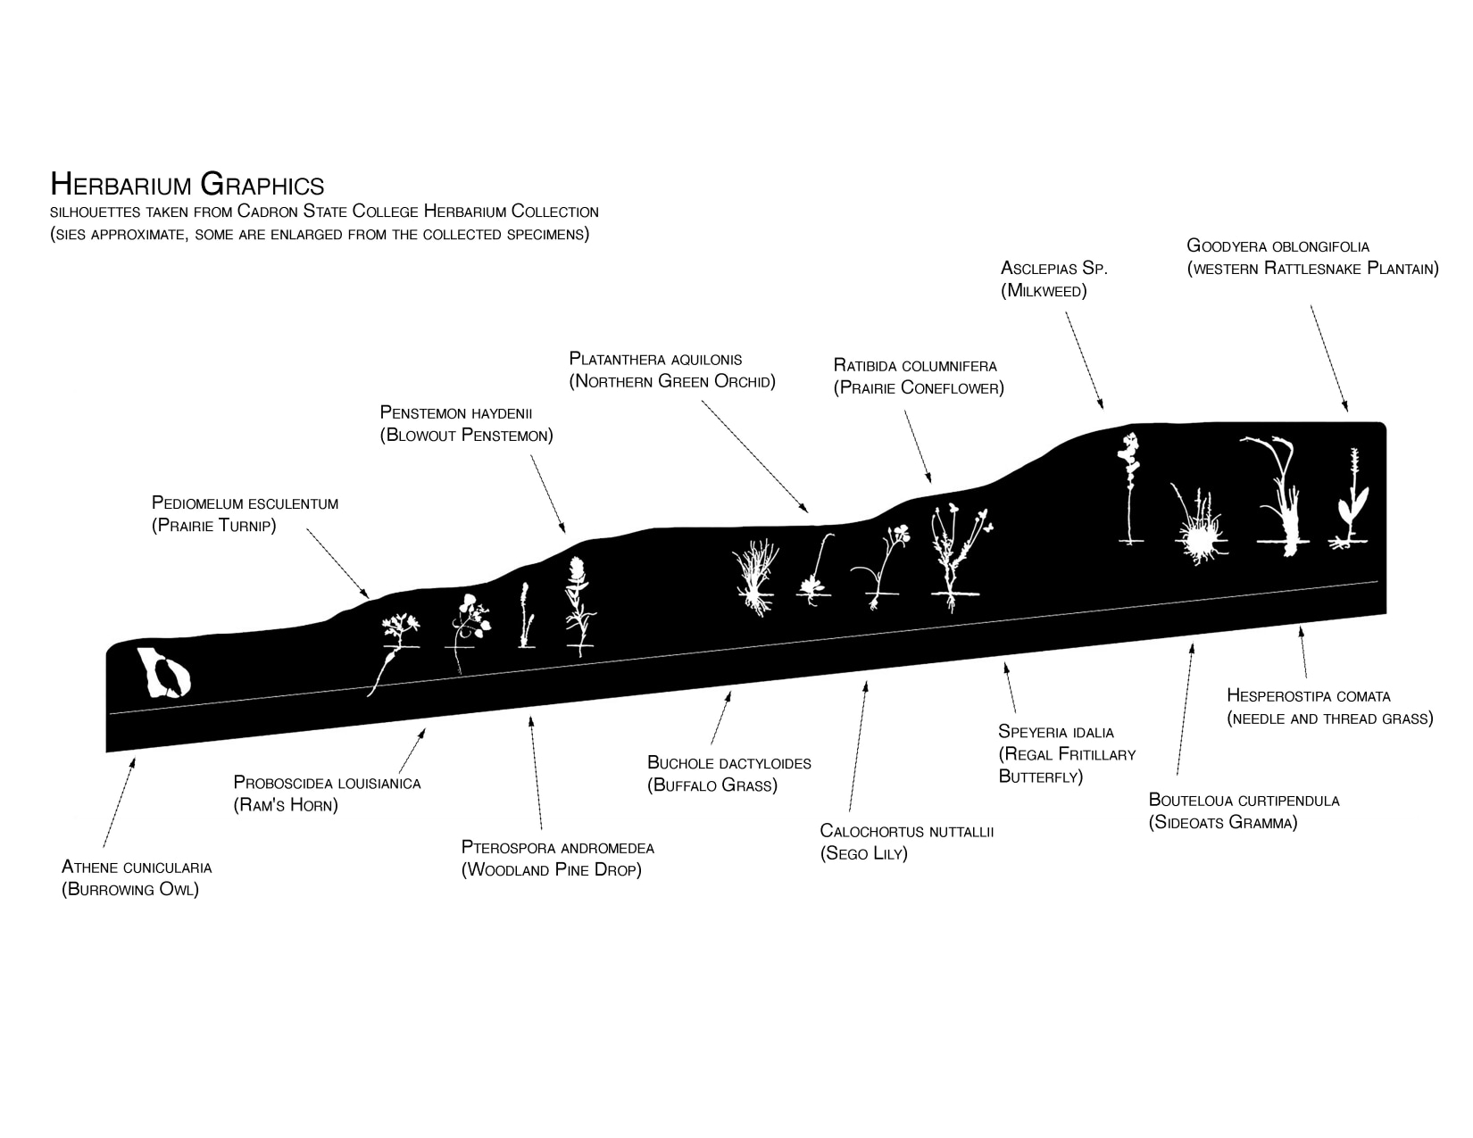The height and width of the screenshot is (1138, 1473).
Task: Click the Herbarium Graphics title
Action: click(x=187, y=184)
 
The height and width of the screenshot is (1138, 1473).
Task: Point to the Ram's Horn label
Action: click(x=327, y=793)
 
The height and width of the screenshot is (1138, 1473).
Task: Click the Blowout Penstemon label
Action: click(x=466, y=424)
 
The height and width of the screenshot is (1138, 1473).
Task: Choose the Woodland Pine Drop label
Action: click(x=557, y=858)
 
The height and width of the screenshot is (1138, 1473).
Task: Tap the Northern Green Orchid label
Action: click(x=672, y=370)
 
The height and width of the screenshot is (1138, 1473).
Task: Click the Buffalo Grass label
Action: click(x=728, y=774)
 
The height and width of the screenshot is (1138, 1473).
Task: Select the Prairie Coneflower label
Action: click(x=919, y=377)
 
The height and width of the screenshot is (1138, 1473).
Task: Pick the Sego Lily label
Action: click(x=906, y=842)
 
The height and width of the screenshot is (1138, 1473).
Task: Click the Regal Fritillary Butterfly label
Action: click(x=1067, y=754)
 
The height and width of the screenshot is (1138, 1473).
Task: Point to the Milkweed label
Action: click(x=1053, y=278)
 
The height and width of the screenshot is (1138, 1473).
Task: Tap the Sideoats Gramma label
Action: click(x=1244, y=811)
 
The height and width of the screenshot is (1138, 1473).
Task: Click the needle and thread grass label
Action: click(x=1329, y=707)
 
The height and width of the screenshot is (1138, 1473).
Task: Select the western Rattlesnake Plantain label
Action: click(x=1311, y=257)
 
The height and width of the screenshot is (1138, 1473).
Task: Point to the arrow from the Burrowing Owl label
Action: click(x=119, y=802)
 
